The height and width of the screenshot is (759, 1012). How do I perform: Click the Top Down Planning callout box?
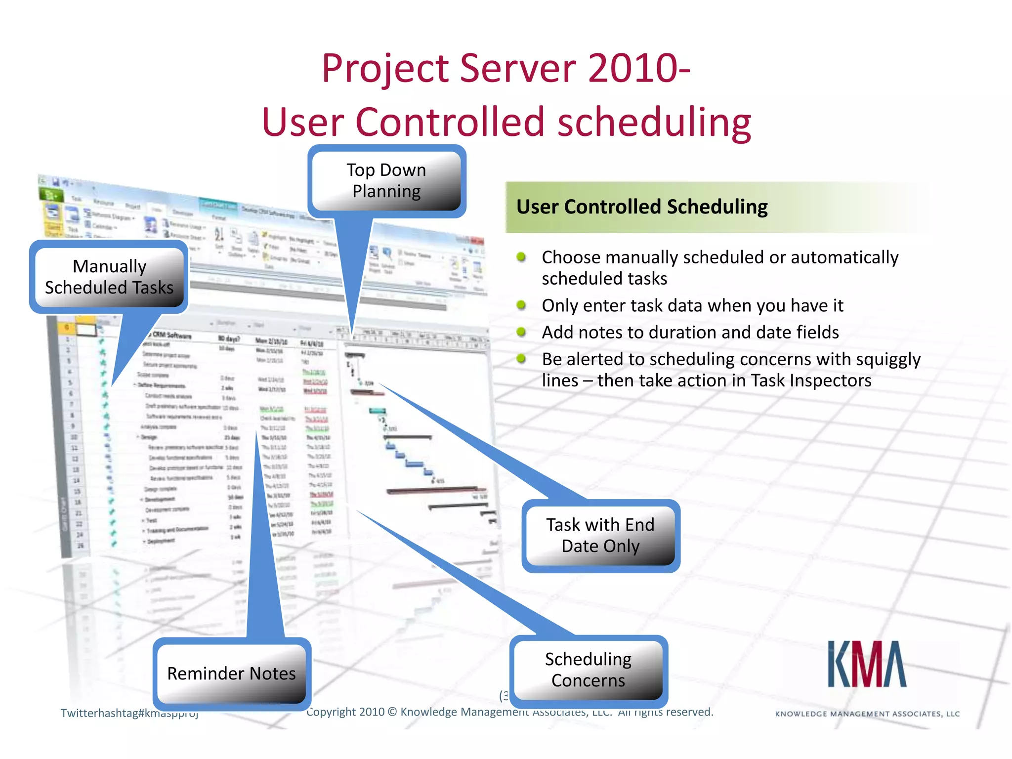386,181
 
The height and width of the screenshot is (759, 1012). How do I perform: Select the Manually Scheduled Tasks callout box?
109,277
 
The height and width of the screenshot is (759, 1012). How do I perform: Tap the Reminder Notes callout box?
231,674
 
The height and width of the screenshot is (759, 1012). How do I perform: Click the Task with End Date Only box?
600,536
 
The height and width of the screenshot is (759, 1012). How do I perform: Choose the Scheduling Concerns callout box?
588,670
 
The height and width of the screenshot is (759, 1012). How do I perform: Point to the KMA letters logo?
867,665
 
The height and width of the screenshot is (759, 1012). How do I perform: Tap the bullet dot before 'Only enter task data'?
521,305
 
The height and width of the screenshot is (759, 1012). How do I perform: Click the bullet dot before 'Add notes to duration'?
521,332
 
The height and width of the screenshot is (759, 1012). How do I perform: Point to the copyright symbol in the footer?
392,712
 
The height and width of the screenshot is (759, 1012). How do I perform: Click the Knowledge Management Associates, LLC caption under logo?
867,714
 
